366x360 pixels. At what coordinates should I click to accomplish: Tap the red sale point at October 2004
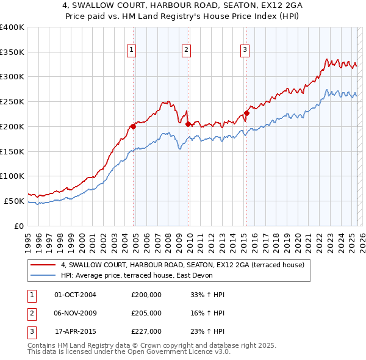tap(132, 126)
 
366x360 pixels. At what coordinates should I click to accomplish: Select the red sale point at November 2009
tap(187, 124)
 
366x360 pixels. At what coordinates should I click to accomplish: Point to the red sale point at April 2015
tap(246, 113)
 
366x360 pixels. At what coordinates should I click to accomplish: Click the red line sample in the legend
tap(43, 265)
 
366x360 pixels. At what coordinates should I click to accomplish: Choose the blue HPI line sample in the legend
tap(43, 275)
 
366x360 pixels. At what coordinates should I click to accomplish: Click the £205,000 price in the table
tap(146, 313)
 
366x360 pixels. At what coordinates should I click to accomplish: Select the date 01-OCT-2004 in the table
tap(75, 295)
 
